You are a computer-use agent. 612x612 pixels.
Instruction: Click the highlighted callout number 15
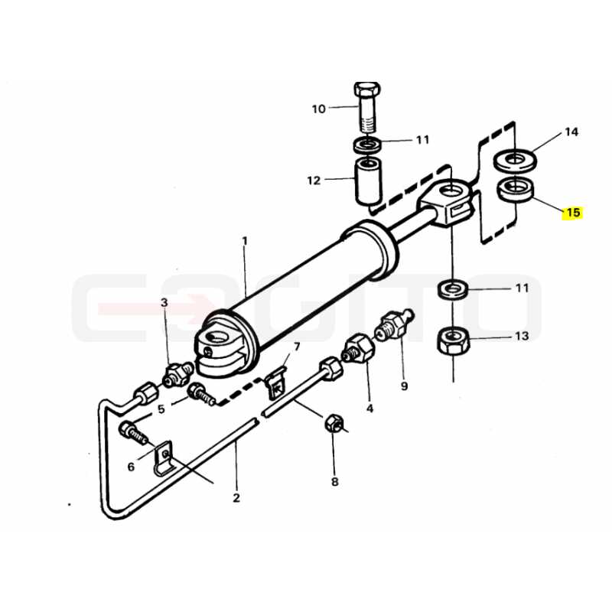(572, 213)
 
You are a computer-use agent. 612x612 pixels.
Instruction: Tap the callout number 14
(571, 132)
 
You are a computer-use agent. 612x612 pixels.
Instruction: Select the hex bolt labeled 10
(366, 107)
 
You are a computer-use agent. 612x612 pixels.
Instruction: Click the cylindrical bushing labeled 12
(368, 181)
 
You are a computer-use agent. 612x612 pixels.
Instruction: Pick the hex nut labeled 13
(453, 340)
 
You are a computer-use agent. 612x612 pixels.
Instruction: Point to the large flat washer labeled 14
(515, 160)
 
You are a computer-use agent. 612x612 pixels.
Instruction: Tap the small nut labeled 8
(334, 423)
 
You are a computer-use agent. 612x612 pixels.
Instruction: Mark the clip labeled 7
(276, 384)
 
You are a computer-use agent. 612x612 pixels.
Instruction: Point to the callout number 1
(245, 241)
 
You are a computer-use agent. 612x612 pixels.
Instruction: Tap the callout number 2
(236, 498)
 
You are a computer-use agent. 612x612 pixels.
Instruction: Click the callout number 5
(161, 409)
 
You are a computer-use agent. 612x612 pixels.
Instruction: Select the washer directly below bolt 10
(368, 145)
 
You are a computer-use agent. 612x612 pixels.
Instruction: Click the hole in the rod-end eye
(452, 190)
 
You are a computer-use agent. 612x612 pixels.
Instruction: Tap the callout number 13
(522, 336)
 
